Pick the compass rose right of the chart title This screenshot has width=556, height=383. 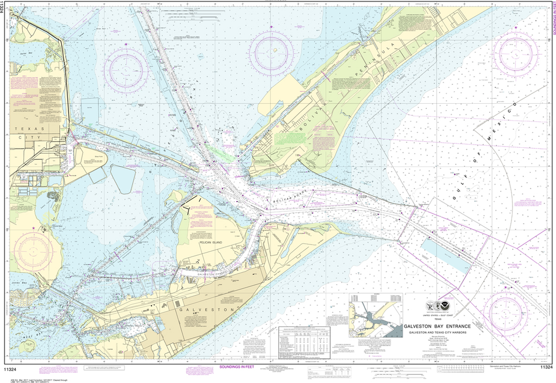click(504, 312)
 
